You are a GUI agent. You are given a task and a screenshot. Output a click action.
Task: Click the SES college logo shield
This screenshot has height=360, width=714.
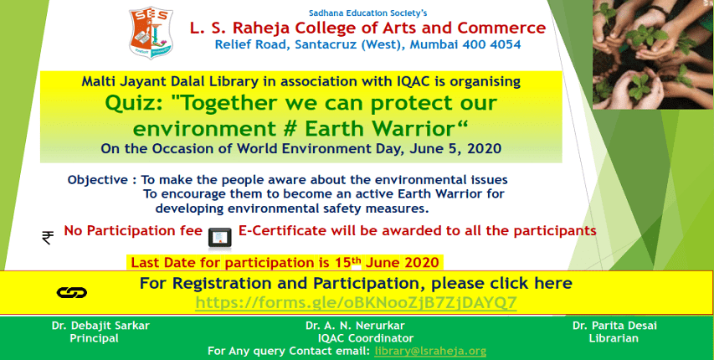click(x=151, y=33)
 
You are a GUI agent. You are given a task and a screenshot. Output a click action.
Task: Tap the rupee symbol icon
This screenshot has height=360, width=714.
click(x=48, y=238)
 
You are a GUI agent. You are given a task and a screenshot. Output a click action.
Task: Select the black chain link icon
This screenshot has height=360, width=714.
click(x=72, y=292)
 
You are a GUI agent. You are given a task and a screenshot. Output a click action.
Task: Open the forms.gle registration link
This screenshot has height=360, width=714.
click(x=356, y=302)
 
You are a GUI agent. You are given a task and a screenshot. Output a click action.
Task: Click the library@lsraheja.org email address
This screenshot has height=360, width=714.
click(x=430, y=352)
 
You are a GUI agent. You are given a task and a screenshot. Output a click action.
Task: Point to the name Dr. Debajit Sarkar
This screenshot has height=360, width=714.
click(x=100, y=326)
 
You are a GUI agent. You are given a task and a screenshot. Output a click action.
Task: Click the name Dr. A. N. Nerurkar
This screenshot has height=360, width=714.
click(x=355, y=326)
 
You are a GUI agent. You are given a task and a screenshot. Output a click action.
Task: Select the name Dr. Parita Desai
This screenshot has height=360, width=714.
click(x=614, y=326)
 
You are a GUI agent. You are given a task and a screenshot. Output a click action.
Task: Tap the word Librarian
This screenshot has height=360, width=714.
click(x=614, y=338)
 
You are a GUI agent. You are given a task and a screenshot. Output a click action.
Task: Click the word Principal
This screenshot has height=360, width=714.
click(x=95, y=338)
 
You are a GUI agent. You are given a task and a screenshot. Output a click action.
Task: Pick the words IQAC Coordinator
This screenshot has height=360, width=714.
click(x=366, y=338)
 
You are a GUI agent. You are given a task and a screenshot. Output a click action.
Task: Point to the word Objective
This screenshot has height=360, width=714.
click(x=98, y=180)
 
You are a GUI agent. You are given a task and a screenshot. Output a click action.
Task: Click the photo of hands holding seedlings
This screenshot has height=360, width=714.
click(x=654, y=54)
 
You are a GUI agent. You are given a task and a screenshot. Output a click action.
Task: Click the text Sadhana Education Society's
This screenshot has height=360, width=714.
click(x=368, y=13)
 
